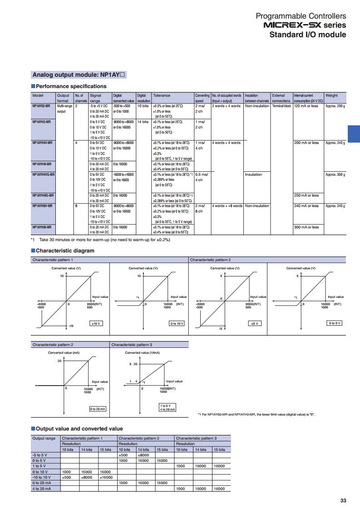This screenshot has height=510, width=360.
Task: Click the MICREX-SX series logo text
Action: pos(305,25)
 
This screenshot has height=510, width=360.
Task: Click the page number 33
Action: pos(343,500)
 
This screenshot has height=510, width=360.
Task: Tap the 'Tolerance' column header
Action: pos(162,95)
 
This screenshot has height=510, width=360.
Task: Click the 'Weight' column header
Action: pos(331,95)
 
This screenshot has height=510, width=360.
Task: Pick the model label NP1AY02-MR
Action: pos(41,106)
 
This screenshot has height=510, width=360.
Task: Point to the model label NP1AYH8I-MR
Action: pos(42,227)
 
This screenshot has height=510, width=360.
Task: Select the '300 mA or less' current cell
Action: pos(306,227)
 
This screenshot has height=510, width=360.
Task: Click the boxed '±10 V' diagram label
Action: pos(96,323)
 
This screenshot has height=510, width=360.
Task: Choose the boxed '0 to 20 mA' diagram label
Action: pos(98,409)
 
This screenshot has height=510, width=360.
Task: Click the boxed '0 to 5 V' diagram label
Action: pos(335,323)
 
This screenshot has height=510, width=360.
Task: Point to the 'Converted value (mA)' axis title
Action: pos(64,352)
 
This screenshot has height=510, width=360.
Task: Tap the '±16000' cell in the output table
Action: pos(106,477)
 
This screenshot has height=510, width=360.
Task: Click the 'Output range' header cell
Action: pos(44,438)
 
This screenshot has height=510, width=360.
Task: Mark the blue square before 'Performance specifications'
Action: pos(33,86)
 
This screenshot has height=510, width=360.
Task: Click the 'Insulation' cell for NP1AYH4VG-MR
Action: pos(253,174)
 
